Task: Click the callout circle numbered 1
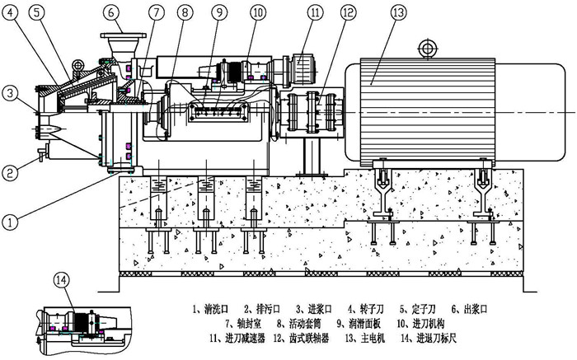10,198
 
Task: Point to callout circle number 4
10,13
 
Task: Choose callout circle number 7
154,13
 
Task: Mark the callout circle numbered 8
185,13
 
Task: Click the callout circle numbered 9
218,13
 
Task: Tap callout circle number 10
258,13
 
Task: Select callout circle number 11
316,13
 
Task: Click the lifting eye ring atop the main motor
427,47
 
